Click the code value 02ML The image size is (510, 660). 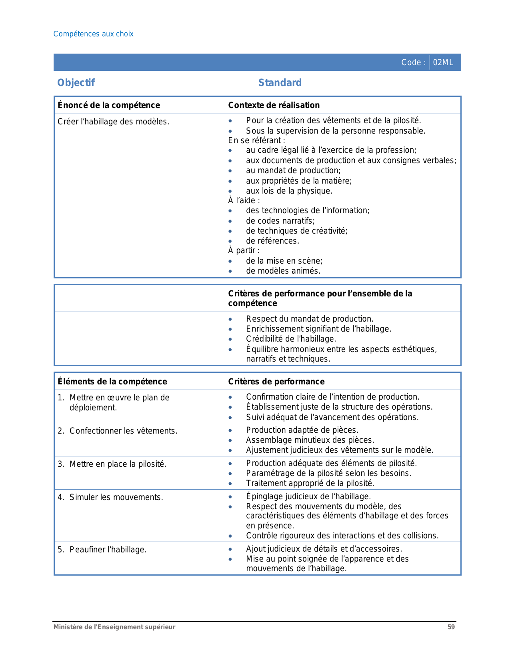coord(443,62)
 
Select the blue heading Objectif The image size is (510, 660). coord(76,83)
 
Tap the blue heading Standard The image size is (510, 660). coord(280,83)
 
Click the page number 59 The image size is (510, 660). coord(451,627)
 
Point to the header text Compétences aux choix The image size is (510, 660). coord(93,34)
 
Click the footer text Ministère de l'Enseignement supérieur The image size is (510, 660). coord(114,627)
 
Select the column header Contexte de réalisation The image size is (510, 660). coord(274,105)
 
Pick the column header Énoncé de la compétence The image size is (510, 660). coord(108,105)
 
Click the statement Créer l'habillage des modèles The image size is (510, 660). coord(113,122)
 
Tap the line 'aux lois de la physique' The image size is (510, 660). coord(289,191)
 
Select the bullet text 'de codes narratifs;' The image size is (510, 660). coord(280,221)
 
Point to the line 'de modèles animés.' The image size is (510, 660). coord(283,271)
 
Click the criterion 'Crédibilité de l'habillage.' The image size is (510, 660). coord(291,339)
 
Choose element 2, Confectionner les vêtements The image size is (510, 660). coord(123,431)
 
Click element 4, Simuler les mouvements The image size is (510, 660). coord(116,497)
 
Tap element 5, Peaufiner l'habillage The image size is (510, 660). coord(108,550)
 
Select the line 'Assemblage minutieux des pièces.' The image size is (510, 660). coord(310,440)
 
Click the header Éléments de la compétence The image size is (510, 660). coord(112,382)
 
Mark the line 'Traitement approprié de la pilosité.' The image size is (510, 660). coord(310,483)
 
